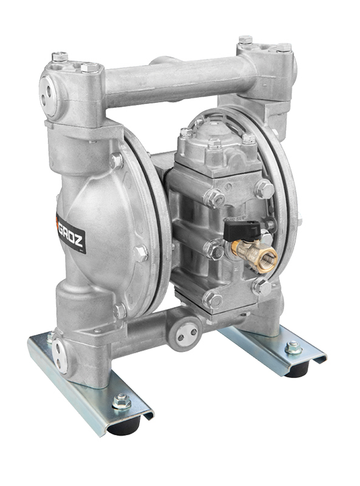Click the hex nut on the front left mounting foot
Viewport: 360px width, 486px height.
(122, 401)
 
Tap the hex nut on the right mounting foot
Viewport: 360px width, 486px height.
(293, 347)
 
